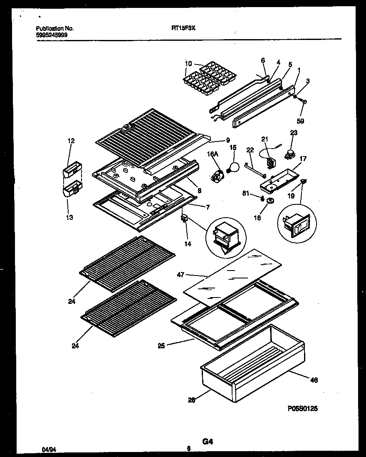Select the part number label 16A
(x=213, y=154)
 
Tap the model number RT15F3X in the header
(x=183, y=28)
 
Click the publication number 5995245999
(x=52, y=35)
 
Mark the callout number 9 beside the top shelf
(x=228, y=140)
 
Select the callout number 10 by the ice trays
(x=188, y=64)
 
